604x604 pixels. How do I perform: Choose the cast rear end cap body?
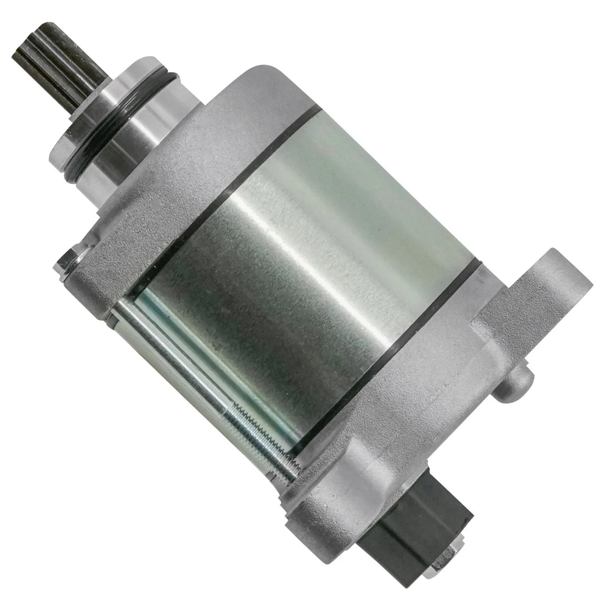coord(445,415)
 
